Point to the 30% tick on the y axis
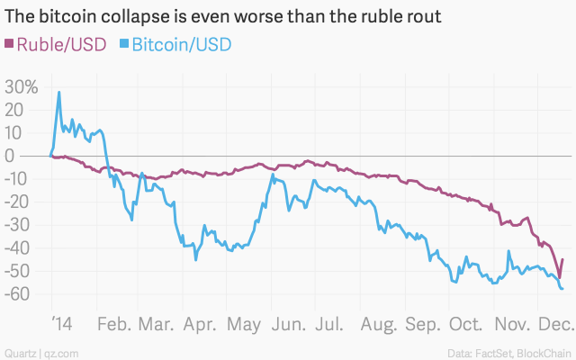(x=22, y=87)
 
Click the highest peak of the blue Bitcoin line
(x=59, y=92)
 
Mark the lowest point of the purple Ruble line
(x=559, y=277)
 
